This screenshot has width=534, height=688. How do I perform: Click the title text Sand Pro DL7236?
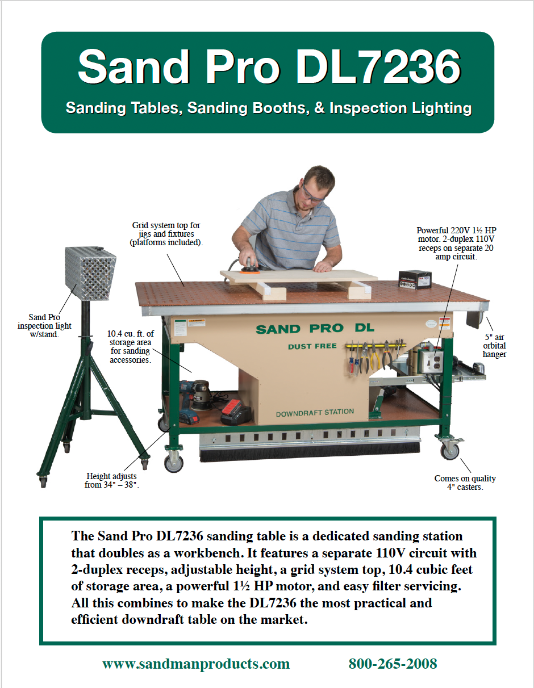coord(268,67)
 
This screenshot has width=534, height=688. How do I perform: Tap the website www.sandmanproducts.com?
coord(196,664)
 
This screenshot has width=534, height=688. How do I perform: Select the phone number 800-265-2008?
coord(393,664)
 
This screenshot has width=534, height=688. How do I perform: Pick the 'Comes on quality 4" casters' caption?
coord(465,483)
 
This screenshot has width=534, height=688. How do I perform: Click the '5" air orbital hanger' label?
coord(494,346)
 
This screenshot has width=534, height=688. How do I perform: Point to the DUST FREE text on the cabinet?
coord(312,346)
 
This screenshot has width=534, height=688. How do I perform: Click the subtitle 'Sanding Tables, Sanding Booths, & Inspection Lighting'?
coord(268,107)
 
